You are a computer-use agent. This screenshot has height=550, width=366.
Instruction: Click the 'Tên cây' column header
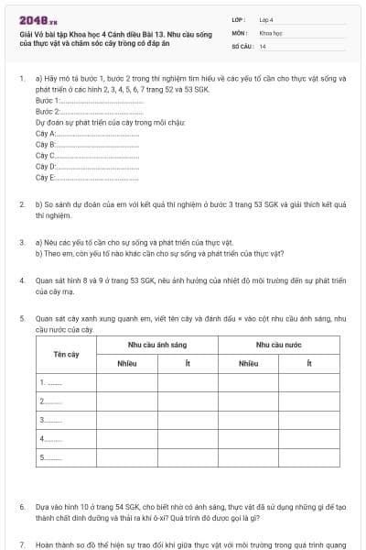coord(66,353)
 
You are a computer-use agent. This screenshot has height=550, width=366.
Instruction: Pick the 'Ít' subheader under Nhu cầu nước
coord(309,363)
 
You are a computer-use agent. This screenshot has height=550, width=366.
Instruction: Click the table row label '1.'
coord(50,381)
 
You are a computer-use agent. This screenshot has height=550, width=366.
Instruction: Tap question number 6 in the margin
coord(22,506)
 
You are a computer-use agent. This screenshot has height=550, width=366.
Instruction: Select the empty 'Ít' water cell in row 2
coord(309,401)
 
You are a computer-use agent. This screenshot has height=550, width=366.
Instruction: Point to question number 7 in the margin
coord(22,544)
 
